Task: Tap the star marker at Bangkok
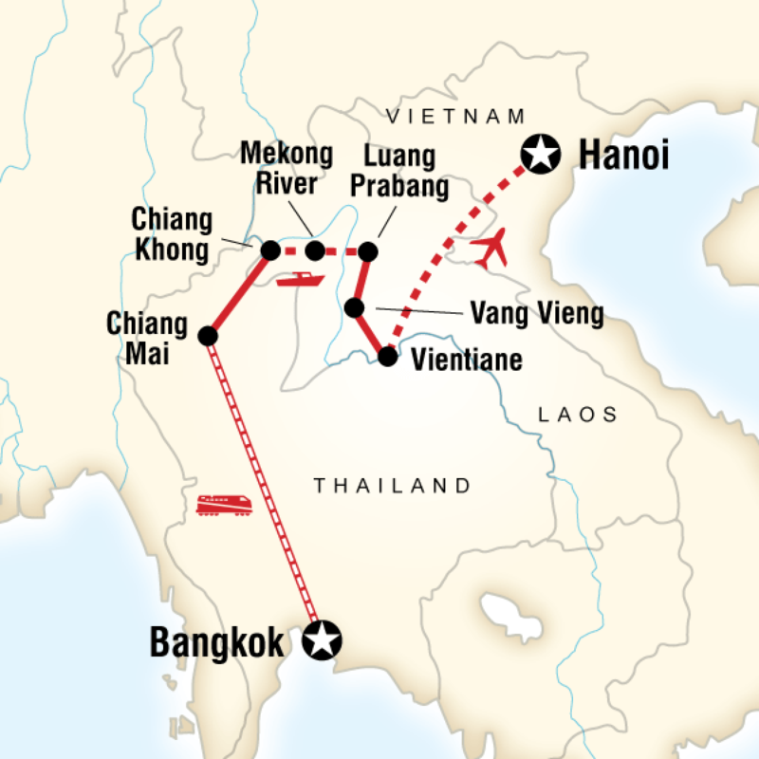[322, 641]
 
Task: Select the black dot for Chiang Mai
[209, 336]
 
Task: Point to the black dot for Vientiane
[387, 357]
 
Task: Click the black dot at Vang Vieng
[354, 307]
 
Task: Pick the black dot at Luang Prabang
[367, 251]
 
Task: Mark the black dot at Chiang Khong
[269, 250]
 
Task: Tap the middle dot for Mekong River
[315, 251]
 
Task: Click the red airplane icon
[491, 250]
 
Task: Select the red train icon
[224, 504]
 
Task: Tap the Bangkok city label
[217, 642]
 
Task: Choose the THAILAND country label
[393, 486]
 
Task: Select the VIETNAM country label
[455, 116]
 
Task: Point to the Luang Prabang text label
[399, 171]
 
